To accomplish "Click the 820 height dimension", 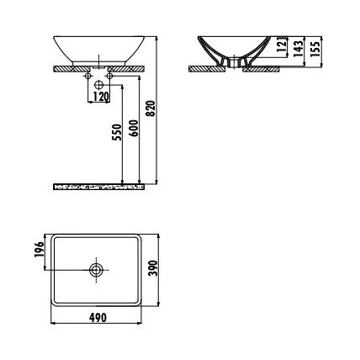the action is [x=151, y=109].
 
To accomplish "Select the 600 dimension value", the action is [x=135, y=128].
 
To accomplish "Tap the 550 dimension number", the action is [x=118, y=132].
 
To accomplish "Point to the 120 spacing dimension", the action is [x=100, y=97].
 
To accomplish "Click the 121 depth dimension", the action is [x=283, y=45].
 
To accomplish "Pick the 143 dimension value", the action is [x=299, y=49].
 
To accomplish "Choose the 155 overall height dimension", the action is [x=315, y=49].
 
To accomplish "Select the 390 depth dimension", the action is [x=153, y=268].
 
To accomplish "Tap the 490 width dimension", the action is [x=98, y=318].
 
